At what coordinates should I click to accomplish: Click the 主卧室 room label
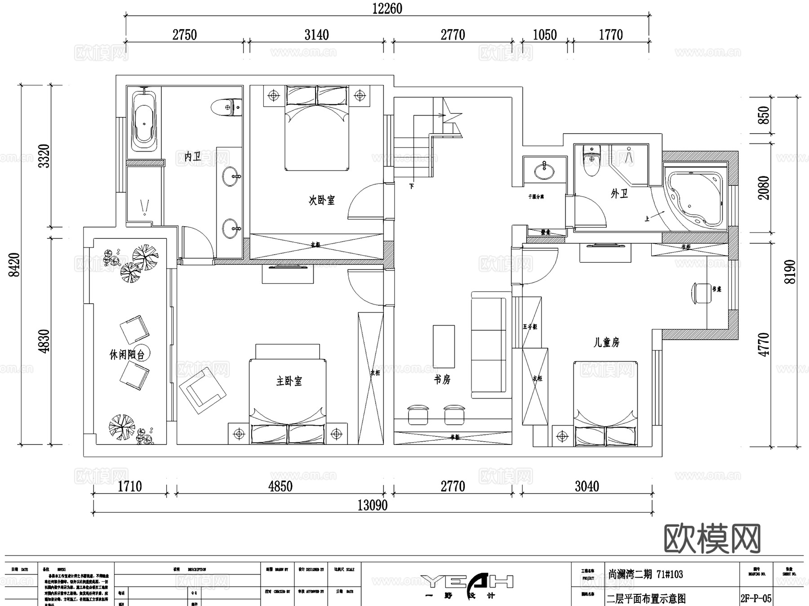point(289,382)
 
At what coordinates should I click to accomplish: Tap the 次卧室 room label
point(321,200)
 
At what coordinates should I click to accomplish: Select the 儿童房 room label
point(606,343)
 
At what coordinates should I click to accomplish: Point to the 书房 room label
point(442,380)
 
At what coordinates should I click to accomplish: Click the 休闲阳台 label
point(127,355)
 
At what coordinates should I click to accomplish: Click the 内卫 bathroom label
point(193,157)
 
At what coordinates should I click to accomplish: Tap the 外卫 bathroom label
point(619,194)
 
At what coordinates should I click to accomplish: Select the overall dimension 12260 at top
point(387,9)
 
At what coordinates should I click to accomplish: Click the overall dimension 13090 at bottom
point(372,505)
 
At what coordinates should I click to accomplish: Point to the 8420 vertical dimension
point(15,265)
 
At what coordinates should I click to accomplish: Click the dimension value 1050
point(545,35)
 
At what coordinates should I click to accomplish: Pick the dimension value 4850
point(280,486)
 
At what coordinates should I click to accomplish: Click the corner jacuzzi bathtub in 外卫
point(696,198)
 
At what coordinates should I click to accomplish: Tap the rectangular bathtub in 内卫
point(144,121)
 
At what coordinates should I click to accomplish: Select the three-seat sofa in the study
point(491,346)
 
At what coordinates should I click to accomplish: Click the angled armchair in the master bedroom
point(202,390)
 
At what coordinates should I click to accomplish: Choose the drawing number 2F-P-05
point(756,598)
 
